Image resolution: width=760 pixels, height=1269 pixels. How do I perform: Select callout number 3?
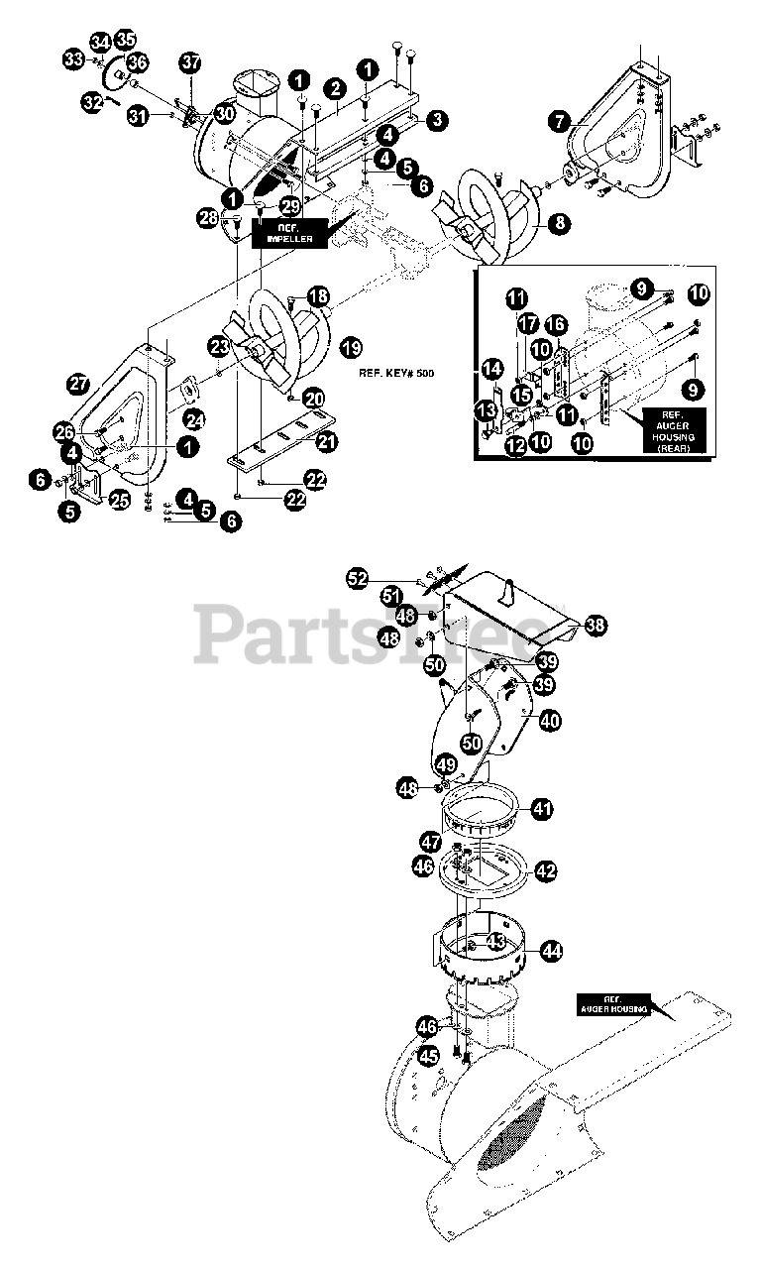pos(437,120)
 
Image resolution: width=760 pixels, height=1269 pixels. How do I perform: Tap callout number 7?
pos(560,121)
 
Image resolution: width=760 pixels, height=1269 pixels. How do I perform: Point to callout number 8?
pos(560,223)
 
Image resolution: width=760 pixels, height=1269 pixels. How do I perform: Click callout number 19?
pos(349,346)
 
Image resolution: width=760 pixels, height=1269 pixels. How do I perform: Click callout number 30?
pos(225,114)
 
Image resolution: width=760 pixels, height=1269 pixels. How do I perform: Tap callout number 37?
pos(190,62)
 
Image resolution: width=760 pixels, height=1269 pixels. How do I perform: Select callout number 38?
pos(595,626)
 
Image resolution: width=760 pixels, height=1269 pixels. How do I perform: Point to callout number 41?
pos(541,809)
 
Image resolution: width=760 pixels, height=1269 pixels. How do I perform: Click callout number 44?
pos(551,951)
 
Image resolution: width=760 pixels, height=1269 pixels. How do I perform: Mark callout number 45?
pos(427,1057)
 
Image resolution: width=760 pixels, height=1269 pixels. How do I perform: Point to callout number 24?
pos(194,419)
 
